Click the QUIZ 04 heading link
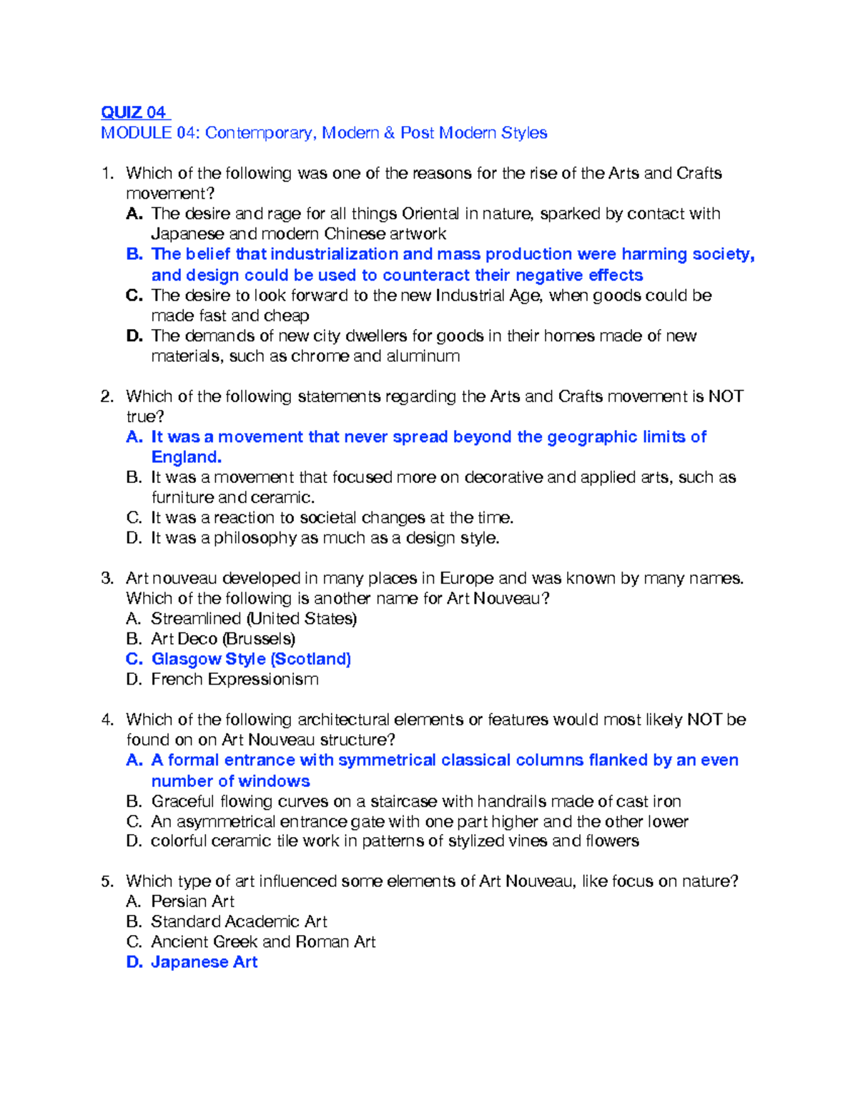pyautogui.click(x=134, y=112)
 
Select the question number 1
pyautogui.click(x=107, y=173)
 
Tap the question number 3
pyautogui.click(x=107, y=578)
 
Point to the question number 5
pyautogui.click(x=107, y=881)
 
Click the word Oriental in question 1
pyautogui.click(x=430, y=214)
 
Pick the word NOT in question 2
pyautogui.click(x=726, y=396)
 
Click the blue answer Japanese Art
pyautogui.click(x=204, y=962)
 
